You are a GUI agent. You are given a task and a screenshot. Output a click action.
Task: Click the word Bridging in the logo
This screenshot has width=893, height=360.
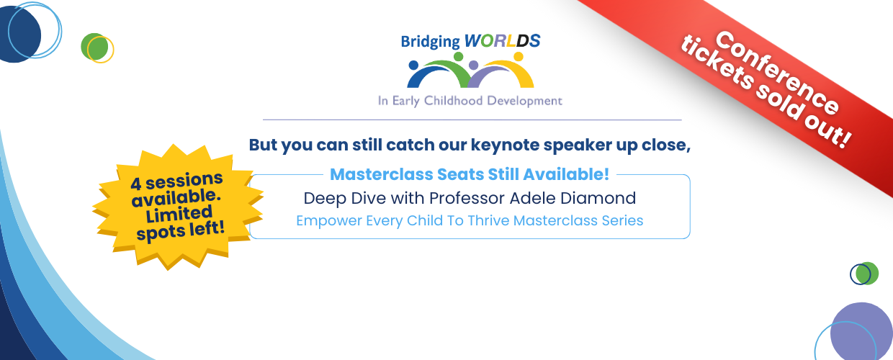(430, 42)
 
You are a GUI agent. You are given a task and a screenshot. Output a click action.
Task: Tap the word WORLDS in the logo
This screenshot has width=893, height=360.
(503, 40)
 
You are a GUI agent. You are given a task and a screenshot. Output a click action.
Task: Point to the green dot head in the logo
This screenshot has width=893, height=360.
(459, 57)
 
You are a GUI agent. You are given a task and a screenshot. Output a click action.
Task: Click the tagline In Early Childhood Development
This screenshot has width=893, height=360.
(470, 101)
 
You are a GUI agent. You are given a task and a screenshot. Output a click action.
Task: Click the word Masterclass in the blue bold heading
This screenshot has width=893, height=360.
(382, 175)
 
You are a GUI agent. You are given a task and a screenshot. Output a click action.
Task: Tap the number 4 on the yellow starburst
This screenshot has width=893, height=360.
(136, 184)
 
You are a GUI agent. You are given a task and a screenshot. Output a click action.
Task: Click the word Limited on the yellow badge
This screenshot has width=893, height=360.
(179, 215)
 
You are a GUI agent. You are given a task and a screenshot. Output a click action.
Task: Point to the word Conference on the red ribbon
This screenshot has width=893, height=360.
(777, 73)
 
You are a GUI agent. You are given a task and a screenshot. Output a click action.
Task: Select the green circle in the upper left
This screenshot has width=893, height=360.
(94, 47)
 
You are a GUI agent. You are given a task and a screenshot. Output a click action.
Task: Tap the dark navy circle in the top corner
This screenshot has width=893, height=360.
(18, 35)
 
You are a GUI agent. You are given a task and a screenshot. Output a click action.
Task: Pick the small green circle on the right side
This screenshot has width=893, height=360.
(867, 274)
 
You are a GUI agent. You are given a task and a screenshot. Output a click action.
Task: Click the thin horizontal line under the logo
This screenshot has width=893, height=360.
(472, 120)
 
